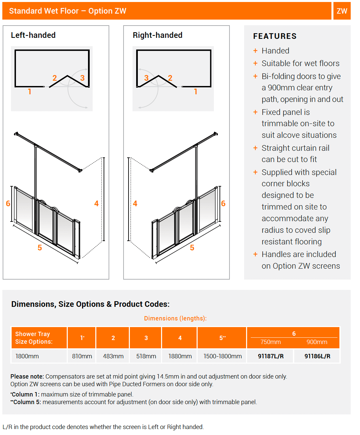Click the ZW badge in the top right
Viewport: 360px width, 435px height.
342,11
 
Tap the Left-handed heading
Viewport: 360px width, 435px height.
33,35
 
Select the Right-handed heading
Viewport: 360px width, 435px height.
157,35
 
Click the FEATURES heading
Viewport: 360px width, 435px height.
275,36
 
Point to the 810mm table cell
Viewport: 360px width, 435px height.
82,356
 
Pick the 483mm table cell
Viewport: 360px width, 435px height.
113,356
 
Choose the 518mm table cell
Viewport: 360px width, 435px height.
146,356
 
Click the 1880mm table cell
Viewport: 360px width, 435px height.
180,356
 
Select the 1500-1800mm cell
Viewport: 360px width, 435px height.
222,356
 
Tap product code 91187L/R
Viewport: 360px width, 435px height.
271,356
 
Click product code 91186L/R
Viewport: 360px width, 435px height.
317,356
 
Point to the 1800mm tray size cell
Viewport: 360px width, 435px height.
27,356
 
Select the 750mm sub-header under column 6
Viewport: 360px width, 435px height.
271,342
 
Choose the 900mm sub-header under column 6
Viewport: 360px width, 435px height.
317,342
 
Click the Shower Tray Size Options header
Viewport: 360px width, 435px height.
34,338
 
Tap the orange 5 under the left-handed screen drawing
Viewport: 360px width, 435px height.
40,248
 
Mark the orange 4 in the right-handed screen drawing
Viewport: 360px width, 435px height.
135,204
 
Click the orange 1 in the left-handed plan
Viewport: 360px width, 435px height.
30,92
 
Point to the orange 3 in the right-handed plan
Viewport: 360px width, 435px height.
146,78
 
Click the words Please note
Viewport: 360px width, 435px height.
27,377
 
